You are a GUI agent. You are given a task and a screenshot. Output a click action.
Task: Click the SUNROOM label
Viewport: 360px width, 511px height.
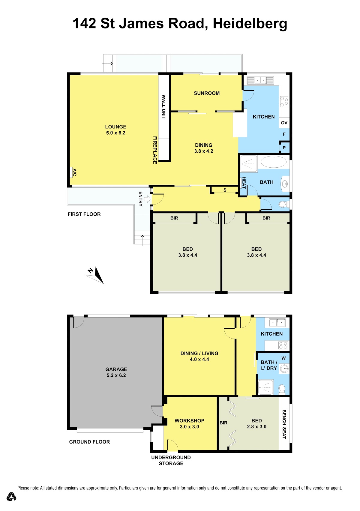click(x=207, y=93)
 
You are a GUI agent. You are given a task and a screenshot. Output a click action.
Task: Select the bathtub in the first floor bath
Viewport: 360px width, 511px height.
click(x=273, y=162)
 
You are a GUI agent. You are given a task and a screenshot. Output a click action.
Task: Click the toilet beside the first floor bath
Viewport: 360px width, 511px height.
click(x=284, y=204)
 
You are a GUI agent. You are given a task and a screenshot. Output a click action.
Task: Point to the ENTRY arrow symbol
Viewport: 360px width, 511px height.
click(x=148, y=199)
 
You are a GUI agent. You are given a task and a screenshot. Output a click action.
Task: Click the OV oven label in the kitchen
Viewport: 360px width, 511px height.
click(x=284, y=123)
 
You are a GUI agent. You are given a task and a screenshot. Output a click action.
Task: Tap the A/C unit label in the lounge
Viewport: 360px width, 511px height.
click(x=74, y=172)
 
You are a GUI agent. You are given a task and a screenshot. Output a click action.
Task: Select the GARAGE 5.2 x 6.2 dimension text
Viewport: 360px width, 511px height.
click(x=116, y=375)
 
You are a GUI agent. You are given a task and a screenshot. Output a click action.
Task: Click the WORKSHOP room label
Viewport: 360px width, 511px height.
click(x=189, y=420)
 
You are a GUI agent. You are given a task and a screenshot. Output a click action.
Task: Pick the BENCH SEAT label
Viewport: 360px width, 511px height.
click(x=284, y=424)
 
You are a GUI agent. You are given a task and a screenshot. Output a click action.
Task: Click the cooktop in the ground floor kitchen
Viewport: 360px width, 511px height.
click(x=283, y=345)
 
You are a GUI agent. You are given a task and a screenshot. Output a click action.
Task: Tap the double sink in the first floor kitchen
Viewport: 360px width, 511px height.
click(x=260, y=80)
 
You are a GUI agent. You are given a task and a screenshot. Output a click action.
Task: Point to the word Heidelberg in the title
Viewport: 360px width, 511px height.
click(x=250, y=24)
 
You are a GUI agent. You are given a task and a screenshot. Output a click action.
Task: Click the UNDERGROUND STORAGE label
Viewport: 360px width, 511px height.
click(x=171, y=460)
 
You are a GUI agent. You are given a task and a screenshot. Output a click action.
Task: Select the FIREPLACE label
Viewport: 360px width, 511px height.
click(x=155, y=150)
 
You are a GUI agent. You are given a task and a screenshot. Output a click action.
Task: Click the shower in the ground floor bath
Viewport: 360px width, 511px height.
click(x=265, y=387)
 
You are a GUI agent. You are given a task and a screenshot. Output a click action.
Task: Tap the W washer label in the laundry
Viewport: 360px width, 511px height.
click(x=283, y=358)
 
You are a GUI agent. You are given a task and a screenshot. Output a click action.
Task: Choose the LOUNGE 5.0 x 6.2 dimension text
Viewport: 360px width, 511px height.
click(x=115, y=133)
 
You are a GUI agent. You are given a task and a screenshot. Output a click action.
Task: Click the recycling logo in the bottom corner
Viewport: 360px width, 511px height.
click(x=11, y=497)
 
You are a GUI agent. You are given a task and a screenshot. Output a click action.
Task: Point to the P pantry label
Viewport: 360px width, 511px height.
click(x=284, y=148)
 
